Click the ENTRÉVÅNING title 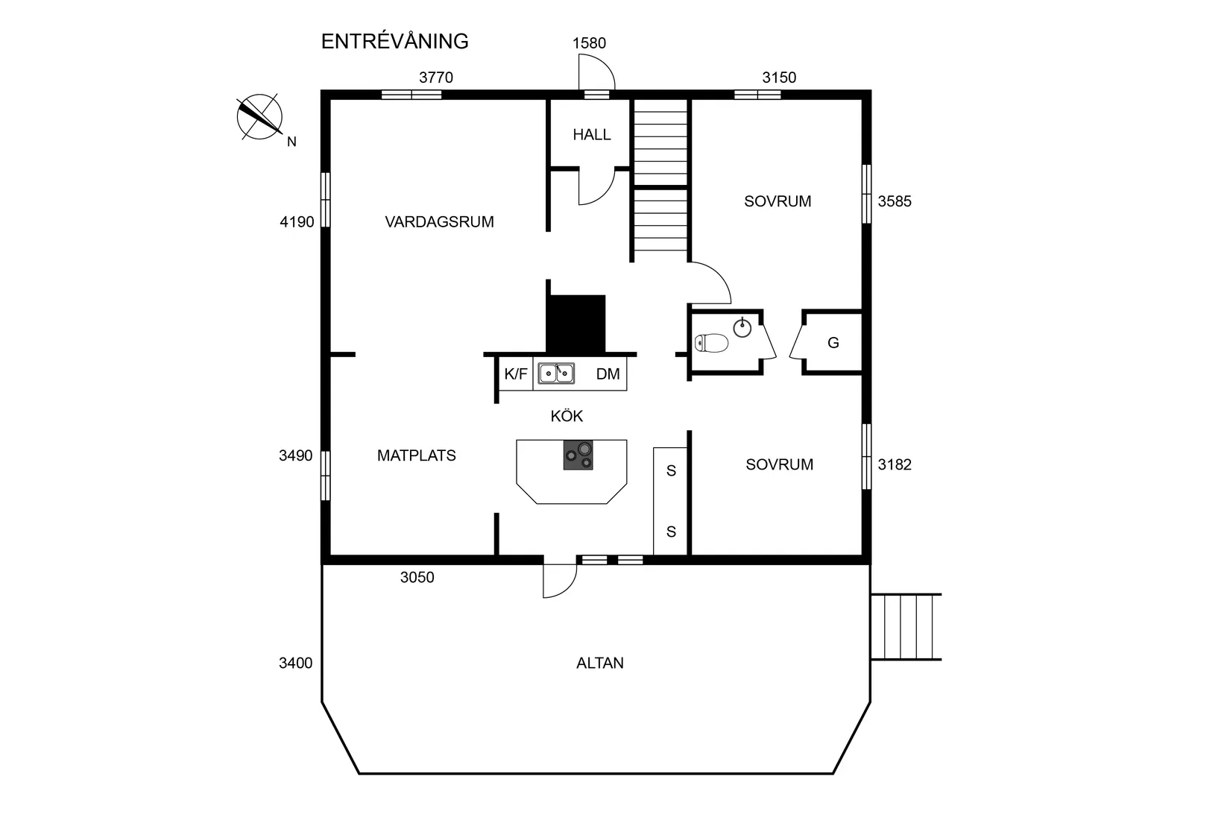tap(394, 42)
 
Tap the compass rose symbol tap(259, 118)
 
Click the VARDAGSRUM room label tap(439, 221)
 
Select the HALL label tap(591, 135)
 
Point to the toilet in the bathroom tap(712, 343)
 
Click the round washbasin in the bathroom tap(742, 327)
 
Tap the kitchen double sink tap(556, 373)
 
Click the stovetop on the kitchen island tap(578, 455)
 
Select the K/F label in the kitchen tap(515, 374)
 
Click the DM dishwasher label tap(608, 374)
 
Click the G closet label tap(833, 343)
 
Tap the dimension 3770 tap(435, 78)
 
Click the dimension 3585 tap(894, 201)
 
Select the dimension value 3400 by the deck tap(295, 663)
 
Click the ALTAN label tap(599, 663)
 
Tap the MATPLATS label tap(416, 455)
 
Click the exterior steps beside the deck tap(906, 627)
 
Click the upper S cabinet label tap(671, 470)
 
